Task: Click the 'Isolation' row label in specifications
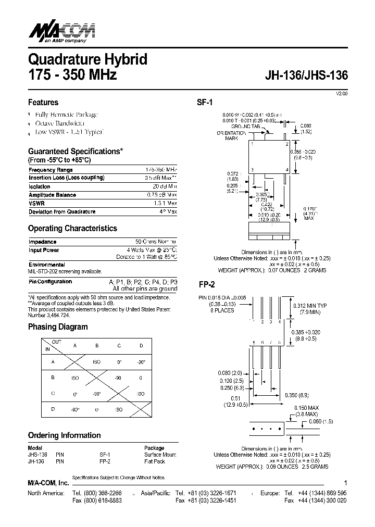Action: point(40,186)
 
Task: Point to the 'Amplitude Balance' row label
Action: point(52,195)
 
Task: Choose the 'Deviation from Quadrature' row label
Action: point(62,211)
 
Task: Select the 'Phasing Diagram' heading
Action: point(58,327)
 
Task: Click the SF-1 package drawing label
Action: point(205,103)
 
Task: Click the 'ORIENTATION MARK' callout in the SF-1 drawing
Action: point(231,136)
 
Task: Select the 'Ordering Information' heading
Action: point(64,435)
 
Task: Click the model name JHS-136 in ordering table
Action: point(37,455)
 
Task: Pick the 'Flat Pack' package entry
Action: point(156,461)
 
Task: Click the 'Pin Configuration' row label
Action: point(50,282)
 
